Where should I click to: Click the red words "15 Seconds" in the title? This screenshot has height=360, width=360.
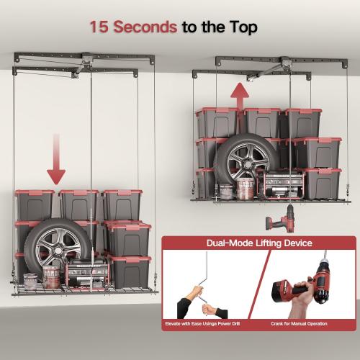pos(133,27)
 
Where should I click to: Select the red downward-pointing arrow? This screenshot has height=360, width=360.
pos(56,166)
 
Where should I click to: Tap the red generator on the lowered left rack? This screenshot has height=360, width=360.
pos(86,274)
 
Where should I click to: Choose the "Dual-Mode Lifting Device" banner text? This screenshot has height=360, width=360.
pos(258,243)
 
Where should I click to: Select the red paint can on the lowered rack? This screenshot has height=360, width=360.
pos(51,277)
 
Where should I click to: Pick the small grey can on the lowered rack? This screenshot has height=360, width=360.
pos(30,280)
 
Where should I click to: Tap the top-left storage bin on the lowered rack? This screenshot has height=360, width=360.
pos(35,204)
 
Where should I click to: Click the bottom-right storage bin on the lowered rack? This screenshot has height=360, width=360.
pos(130,271)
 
